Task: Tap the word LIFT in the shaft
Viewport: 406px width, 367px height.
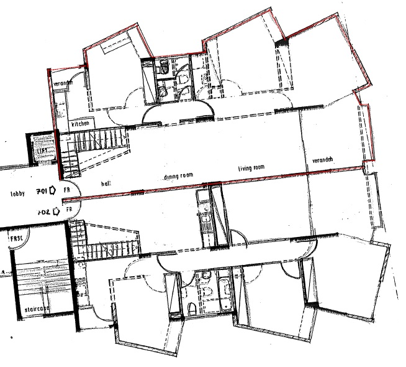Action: pyautogui.click(x=43, y=151)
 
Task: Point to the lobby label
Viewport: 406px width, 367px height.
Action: pyautogui.click(x=17, y=193)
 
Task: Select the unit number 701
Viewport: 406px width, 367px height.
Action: pyautogui.click(x=42, y=191)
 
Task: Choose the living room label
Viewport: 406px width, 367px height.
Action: pyautogui.click(x=252, y=168)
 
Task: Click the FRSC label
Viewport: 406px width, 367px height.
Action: pyautogui.click(x=16, y=239)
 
